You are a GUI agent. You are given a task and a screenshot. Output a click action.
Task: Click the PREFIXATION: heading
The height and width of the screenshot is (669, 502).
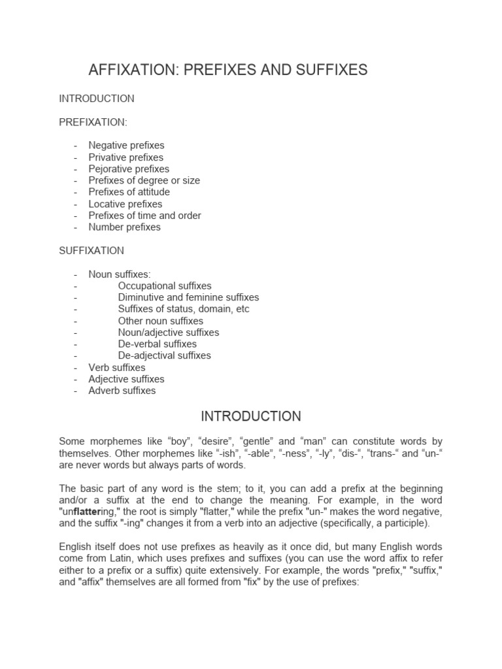coord(93,122)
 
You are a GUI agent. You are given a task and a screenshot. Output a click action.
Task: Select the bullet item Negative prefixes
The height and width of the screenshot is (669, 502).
coord(126,145)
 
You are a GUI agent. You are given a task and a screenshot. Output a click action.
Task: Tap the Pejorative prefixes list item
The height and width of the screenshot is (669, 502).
coord(129,169)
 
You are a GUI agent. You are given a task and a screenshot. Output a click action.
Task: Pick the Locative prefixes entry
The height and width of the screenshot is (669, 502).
coord(125,204)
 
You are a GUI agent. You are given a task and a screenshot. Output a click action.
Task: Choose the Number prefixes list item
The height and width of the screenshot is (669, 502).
coord(124,227)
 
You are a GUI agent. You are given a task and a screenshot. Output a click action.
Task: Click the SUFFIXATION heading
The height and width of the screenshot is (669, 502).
coord(92,250)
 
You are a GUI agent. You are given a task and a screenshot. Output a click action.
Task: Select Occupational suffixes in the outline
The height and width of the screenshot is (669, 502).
coord(165,286)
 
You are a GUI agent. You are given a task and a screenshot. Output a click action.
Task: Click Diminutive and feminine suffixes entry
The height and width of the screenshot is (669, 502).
coord(188,297)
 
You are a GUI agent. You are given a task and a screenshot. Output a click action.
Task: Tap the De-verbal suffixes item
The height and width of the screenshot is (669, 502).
coord(157,344)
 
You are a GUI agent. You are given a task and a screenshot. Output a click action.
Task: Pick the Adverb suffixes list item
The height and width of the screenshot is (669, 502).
coord(122,391)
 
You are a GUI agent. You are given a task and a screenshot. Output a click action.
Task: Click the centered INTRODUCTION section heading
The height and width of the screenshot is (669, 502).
coord(251,416)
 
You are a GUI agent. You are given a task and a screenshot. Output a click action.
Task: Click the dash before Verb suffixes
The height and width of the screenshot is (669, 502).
coord(76,368)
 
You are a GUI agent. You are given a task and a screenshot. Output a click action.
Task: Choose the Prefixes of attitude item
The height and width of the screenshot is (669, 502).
coord(129,192)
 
